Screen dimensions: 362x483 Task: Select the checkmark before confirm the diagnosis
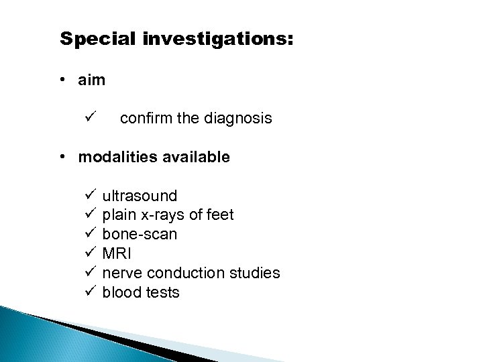pos(91,119)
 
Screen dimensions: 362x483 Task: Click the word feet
pos(219,215)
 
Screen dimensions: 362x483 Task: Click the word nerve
pos(121,274)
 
